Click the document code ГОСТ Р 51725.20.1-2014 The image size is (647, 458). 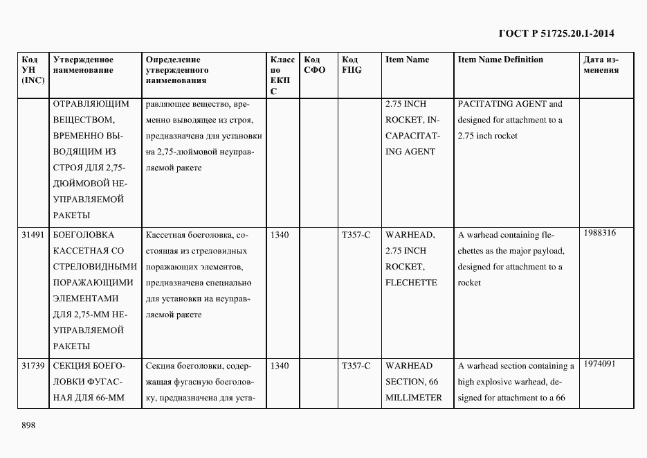pyautogui.click(x=556, y=33)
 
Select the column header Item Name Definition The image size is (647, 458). pyautogui.click(x=500, y=60)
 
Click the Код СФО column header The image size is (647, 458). pyautogui.click(x=314, y=65)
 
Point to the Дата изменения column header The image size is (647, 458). pyautogui.click(x=601, y=65)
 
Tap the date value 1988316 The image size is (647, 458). pyautogui.click(x=599, y=233)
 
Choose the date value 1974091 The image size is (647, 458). pyautogui.click(x=599, y=363)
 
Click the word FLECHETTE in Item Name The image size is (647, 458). pyautogui.click(x=411, y=283)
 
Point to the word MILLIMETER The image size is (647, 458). pyautogui.click(x=414, y=398)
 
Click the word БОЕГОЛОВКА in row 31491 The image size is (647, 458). pyautogui.click(x=83, y=235)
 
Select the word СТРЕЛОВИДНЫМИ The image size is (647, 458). pyautogui.click(x=95, y=267)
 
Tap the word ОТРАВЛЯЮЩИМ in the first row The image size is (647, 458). pyautogui.click(x=91, y=104)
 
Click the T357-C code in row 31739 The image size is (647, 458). pyautogui.click(x=356, y=366)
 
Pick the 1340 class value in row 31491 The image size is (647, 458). pyautogui.click(x=280, y=235)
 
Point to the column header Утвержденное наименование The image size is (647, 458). pyautogui.click(x=83, y=65)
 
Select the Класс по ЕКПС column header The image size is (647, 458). pyautogui.click(x=282, y=75)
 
